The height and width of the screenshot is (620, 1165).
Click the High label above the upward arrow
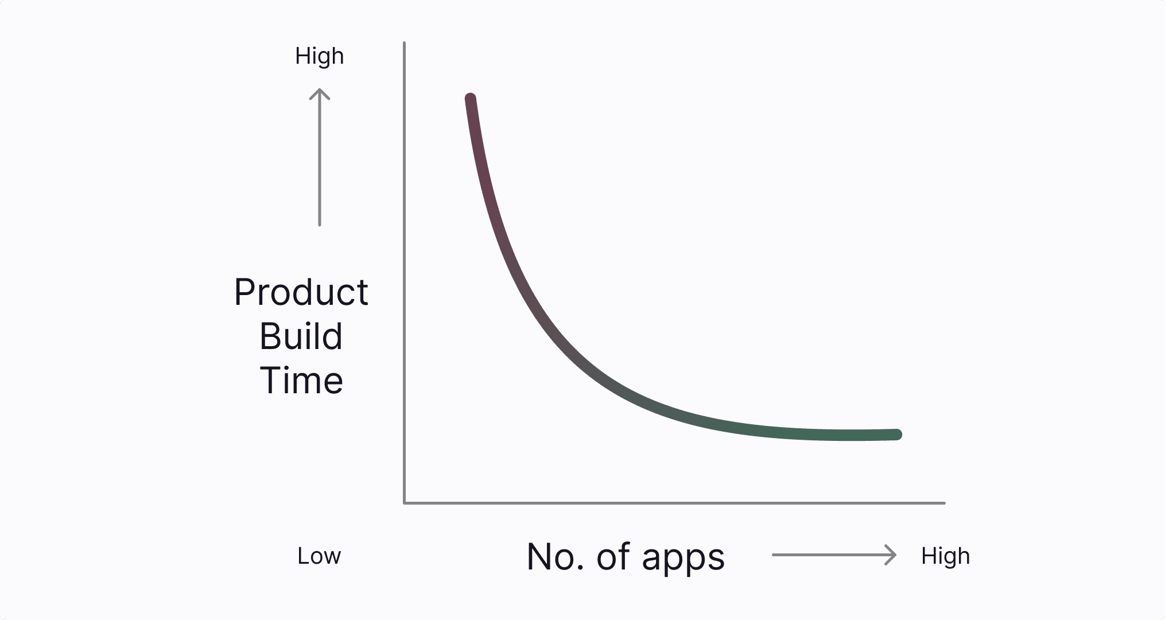point(319,57)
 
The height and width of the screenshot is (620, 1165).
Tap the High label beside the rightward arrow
point(945,557)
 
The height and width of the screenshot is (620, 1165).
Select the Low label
point(319,556)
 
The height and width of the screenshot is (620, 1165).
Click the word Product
point(301,292)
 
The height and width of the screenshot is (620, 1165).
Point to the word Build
point(301,336)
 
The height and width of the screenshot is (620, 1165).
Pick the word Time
point(301,381)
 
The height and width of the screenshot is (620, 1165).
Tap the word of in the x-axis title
point(613,557)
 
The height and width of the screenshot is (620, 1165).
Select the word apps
point(684,559)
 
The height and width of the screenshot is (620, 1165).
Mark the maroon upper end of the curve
point(471,99)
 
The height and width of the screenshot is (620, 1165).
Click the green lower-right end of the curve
point(896,435)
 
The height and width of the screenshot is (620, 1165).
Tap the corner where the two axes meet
point(405,503)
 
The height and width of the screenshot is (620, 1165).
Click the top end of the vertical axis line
point(405,42)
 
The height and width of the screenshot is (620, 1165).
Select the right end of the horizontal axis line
point(945,503)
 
